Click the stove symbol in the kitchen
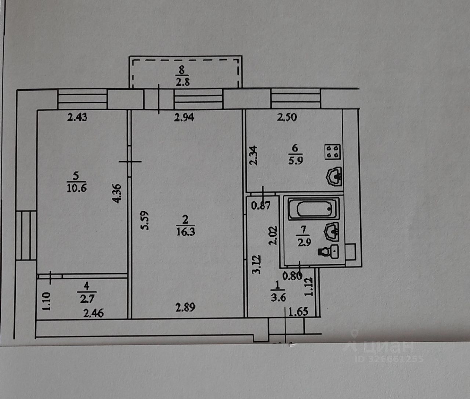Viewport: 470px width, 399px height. tap(333, 152)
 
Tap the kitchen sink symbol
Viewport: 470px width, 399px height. tap(335, 177)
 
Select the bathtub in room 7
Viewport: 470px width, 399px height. tap(313, 209)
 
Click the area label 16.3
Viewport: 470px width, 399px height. tap(185, 232)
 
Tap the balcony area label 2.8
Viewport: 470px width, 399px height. tap(182, 82)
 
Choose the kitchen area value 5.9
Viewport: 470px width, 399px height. tap(295, 161)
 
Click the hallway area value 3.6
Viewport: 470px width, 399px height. tap(278, 297)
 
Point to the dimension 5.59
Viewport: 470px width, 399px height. tap(145, 220)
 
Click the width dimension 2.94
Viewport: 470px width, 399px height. tap(184, 118)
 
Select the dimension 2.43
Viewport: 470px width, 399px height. tap(77, 118)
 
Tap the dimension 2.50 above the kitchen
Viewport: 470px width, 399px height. tap(287, 118)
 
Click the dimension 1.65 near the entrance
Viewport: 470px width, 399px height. tap(298, 312)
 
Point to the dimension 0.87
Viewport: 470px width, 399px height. tap(260, 205)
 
